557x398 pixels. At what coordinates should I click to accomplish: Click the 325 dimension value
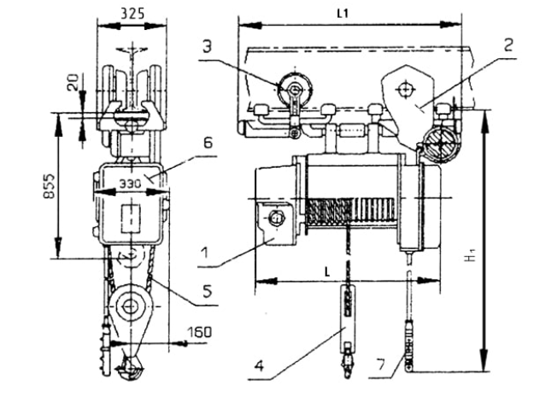132,14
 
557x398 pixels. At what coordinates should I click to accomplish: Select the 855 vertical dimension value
50,187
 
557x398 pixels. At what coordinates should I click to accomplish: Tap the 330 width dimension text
130,184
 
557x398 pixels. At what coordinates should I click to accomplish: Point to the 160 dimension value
199,332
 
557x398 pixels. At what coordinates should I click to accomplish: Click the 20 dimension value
73,82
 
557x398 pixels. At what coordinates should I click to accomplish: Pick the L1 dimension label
343,14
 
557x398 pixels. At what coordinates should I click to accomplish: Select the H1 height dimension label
471,256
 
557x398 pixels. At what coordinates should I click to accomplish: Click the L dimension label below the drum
327,272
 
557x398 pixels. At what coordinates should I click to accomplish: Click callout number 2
508,45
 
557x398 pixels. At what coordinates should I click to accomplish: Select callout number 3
208,46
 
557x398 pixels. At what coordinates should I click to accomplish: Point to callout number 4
260,366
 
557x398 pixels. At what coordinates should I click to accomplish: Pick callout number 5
208,290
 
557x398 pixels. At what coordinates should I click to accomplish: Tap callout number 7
380,365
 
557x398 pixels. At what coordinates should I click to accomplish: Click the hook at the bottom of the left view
130,367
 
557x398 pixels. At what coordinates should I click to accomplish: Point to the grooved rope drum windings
350,211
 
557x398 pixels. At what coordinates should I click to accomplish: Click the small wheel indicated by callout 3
295,88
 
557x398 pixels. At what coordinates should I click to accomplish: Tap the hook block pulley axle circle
130,306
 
